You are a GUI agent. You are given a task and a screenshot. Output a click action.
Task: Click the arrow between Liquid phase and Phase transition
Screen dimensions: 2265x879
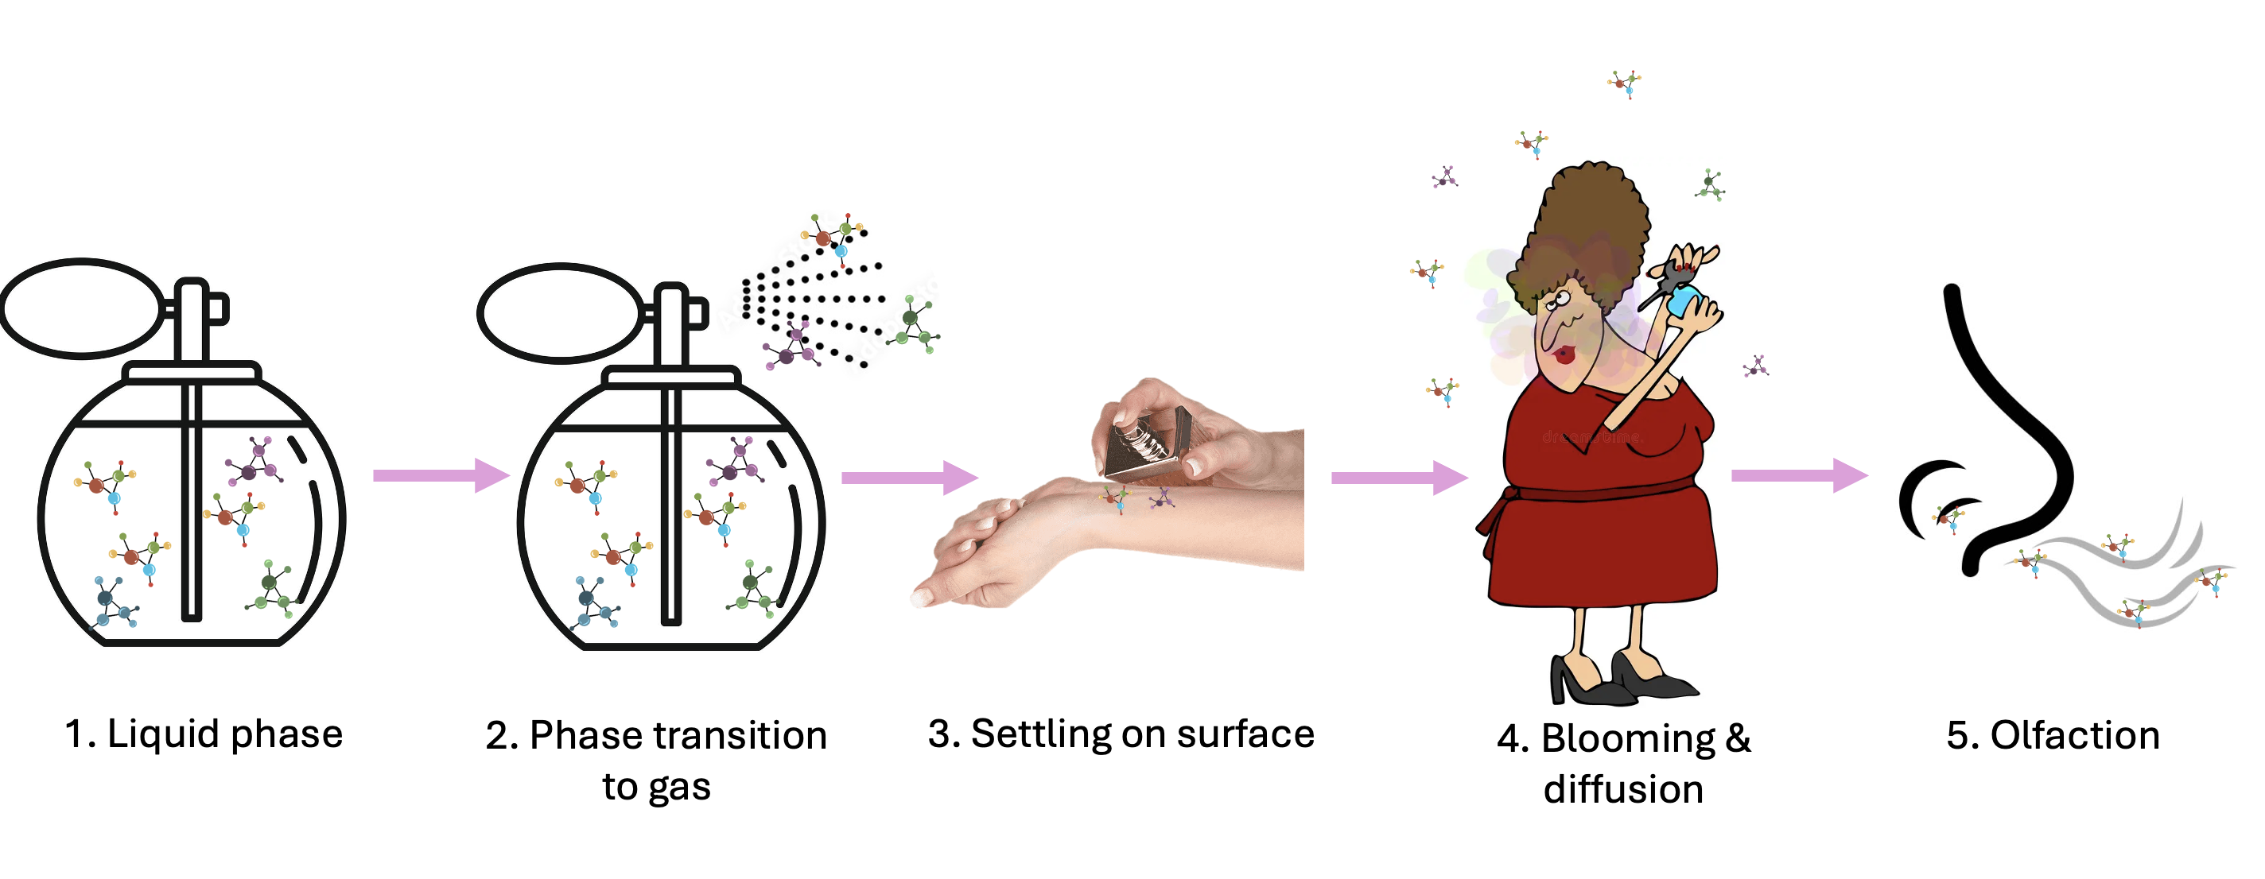(441, 475)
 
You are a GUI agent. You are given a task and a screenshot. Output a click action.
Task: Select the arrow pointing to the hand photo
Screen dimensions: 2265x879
(910, 478)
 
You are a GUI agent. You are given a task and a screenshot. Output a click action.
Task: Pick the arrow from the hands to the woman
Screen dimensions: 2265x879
(1400, 478)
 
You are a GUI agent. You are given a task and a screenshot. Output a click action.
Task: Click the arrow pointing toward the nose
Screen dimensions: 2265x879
(1800, 475)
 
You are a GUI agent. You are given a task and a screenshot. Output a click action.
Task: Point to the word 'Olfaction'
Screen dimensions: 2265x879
(2075, 736)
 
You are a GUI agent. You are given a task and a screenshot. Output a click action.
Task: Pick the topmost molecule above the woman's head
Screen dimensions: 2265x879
(1625, 84)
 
